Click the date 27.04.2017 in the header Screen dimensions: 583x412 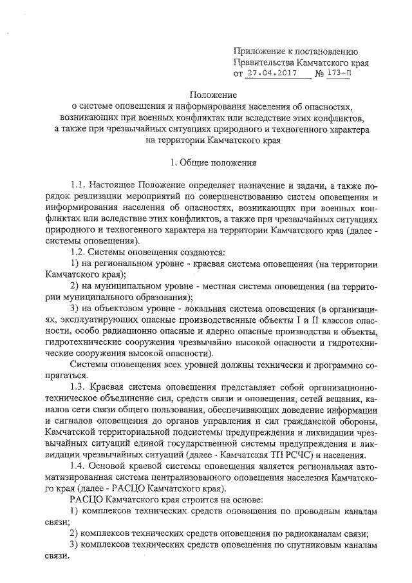tap(270, 73)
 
